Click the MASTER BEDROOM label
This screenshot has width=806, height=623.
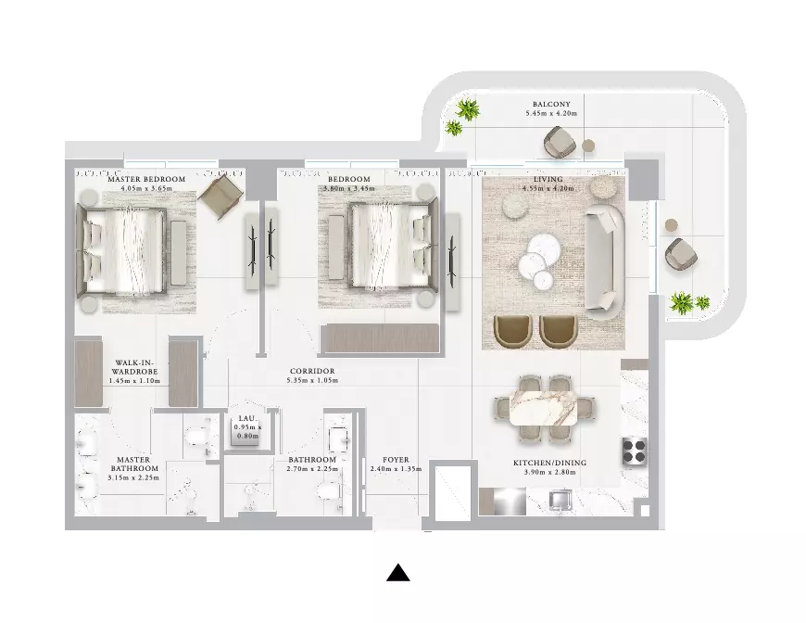click(x=146, y=179)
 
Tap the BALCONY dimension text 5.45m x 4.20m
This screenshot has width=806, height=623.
click(x=551, y=113)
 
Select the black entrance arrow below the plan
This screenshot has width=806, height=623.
click(x=397, y=573)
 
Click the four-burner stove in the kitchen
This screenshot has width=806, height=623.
click(x=635, y=451)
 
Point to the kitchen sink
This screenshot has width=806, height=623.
click(x=560, y=499)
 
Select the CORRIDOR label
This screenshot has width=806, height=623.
click(x=312, y=371)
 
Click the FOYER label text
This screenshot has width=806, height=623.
click(x=396, y=460)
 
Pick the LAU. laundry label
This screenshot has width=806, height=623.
click(x=247, y=419)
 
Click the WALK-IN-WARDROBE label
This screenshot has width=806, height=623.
click(x=134, y=367)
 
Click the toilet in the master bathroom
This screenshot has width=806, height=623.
click(x=198, y=437)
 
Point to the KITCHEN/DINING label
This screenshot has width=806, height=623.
click(x=549, y=463)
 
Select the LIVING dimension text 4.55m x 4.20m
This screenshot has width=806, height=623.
click(x=548, y=188)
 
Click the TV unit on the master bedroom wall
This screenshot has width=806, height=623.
click(x=252, y=251)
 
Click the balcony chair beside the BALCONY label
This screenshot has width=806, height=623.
click(x=560, y=141)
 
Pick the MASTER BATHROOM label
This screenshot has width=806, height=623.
click(x=133, y=464)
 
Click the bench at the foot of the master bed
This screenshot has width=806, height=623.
click(x=178, y=252)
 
